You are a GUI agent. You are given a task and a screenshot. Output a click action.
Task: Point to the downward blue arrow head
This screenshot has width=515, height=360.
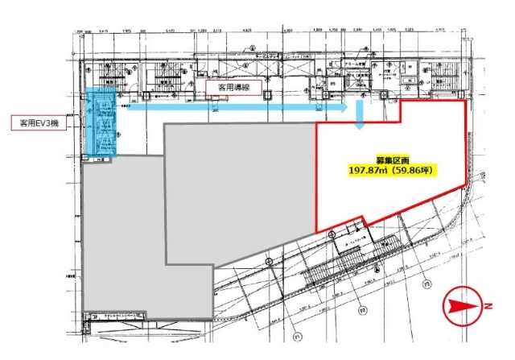pos(360,124)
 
